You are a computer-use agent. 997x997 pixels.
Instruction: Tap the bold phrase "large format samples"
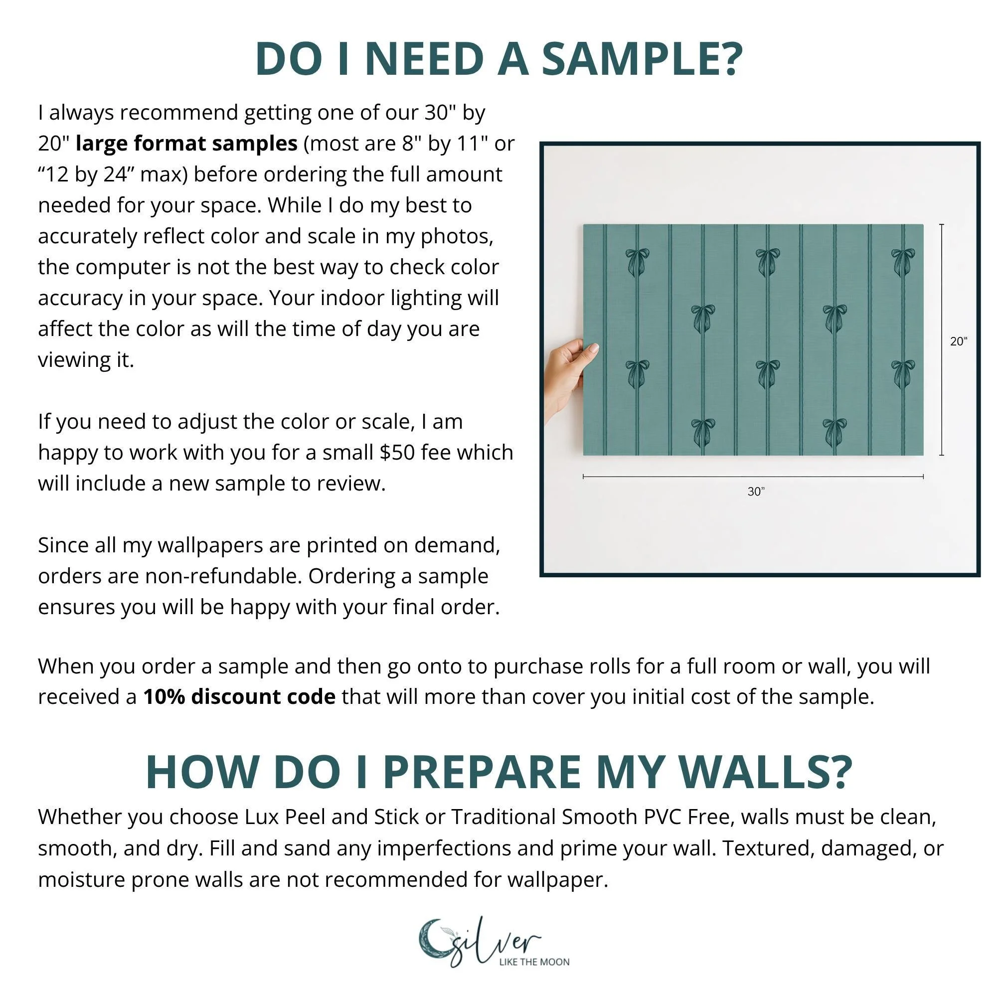[186, 143]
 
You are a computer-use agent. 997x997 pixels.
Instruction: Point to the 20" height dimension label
[958, 341]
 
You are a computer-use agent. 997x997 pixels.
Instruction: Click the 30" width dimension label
[756, 492]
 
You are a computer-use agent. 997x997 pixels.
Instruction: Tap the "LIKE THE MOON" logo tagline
[534, 962]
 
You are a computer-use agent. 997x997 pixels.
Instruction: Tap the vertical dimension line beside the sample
[942, 339]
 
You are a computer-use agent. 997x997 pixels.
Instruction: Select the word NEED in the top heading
[424, 58]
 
